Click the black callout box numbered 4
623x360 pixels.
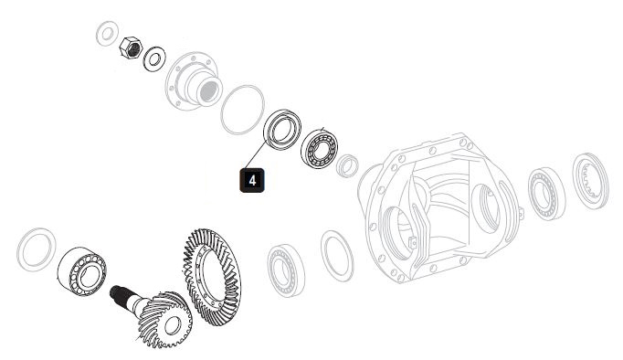pyautogui.click(x=252, y=180)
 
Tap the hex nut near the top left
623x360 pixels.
pyautogui.click(x=131, y=48)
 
